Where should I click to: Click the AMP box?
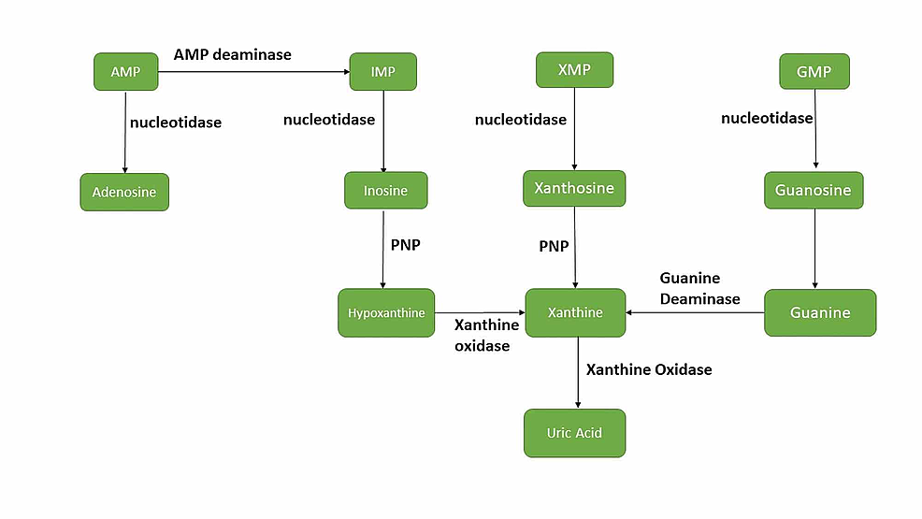click(x=125, y=72)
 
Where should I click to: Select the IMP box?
click(x=382, y=72)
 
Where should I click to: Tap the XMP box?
click(x=574, y=70)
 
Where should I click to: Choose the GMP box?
click(x=814, y=71)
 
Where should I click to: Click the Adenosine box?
click(x=124, y=193)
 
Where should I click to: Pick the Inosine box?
click(x=385, y=191)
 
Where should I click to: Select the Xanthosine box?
click(x=574, y=189)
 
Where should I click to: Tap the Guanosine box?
click(x=814, y=191)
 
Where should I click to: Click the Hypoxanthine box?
click(x=386, y=313)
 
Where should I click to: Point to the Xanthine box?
click(x=575, y=312)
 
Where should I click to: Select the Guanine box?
click(x=820, y=312)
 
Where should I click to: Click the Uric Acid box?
click(x=574, y=433)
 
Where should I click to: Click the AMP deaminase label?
click(x=233, y=54)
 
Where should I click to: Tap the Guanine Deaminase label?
click(x=699, y=289)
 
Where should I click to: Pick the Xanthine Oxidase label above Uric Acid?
click(x=649, y=369)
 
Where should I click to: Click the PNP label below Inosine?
click(x=406, y=245)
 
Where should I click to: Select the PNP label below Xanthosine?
click(x=554, y=246)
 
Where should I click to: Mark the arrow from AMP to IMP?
click(x=252, y=72)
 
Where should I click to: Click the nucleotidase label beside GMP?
click(x=767, y=118)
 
